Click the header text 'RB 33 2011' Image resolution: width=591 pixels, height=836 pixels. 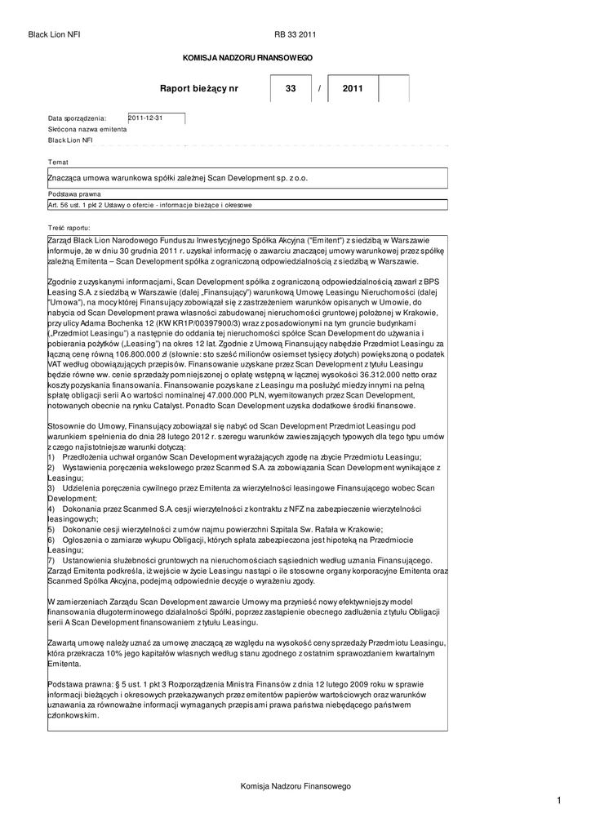pos(295,34)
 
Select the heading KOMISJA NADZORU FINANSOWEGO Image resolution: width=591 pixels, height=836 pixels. pos(247,59)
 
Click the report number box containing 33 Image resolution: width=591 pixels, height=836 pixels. pos(291,88)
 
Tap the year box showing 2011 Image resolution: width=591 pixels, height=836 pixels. pos(353,88)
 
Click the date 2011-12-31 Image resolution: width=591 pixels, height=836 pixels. pos(147,118)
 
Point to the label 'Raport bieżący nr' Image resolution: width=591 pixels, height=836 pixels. pos(199,88)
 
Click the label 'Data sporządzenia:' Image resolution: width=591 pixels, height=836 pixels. pos(78,119)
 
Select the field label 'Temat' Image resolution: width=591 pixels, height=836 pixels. pos(58,162)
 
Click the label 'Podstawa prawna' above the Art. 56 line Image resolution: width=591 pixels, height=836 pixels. pos(74,194)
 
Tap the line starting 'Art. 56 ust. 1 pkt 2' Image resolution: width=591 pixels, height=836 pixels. pos(150,205)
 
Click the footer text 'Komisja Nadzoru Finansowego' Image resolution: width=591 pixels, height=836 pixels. pos(295,785)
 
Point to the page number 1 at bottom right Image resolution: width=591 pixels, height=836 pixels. pos(560,802)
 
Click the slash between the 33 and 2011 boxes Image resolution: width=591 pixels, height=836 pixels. pos(321,88)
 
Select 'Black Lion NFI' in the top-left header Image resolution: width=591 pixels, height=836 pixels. pos(54,34)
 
